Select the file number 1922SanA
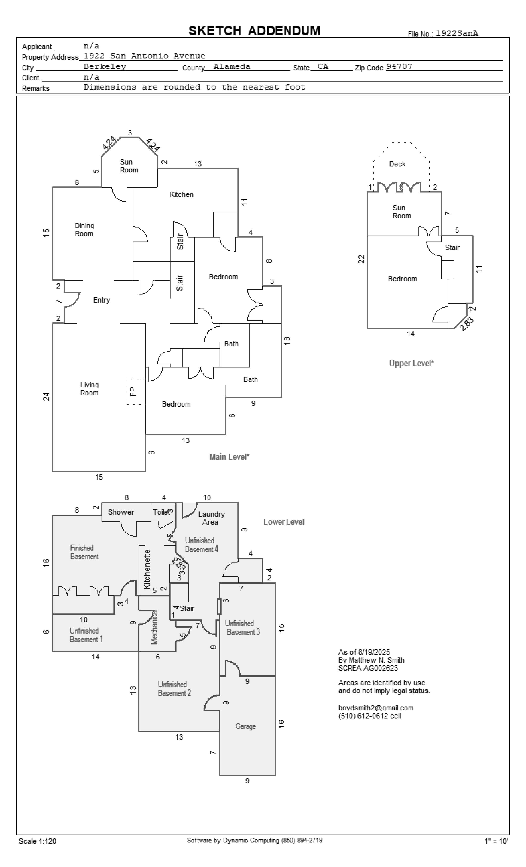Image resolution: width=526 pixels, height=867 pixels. click(x=457, y=33)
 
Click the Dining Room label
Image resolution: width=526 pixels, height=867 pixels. click(x=84, y=230)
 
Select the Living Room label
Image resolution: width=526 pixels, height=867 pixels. click(x=89, y=389)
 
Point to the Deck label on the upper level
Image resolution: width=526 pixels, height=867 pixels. click(x=397, y=164)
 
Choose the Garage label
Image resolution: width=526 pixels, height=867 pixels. click(x=245, y=726)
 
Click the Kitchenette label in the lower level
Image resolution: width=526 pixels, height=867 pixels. click(x=147, y=569)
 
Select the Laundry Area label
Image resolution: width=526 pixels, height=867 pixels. click(x=211, y=518)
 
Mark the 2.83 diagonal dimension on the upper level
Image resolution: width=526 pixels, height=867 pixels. click(x=466, y=324)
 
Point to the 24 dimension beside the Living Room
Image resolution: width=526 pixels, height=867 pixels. click(x=46, y=397)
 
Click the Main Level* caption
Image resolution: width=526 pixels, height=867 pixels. click(x=229, y=457)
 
